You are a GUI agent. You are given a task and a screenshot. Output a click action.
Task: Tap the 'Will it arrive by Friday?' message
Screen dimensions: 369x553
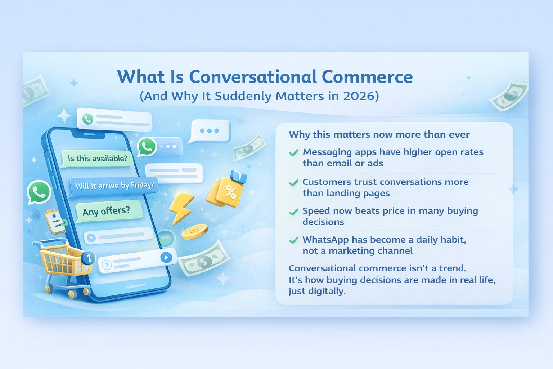(114, 186)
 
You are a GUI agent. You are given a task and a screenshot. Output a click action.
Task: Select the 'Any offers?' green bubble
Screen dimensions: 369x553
(107, 211)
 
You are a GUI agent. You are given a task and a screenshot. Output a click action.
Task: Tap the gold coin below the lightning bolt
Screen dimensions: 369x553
(194, 231)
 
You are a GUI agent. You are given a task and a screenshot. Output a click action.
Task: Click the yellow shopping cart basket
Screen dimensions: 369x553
(61, 259)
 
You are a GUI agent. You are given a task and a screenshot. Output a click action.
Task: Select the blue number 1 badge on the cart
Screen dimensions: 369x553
(89, 258)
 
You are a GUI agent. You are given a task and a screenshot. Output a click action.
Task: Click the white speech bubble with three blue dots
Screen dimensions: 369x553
(210, 131)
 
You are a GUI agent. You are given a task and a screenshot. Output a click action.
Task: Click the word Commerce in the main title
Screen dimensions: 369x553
(367, 77)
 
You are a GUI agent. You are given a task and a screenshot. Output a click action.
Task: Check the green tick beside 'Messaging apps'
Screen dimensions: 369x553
(294, 153)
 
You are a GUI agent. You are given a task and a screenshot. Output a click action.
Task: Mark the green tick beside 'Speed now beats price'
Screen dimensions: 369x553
(294, 212)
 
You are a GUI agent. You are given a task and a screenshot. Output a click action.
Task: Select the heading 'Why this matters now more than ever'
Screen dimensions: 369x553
(379, 135)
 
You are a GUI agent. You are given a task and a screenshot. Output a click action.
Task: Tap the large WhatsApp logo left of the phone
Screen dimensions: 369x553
(39, 192)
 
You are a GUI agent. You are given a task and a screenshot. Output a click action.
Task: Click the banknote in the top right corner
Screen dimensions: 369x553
(508, 96)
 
